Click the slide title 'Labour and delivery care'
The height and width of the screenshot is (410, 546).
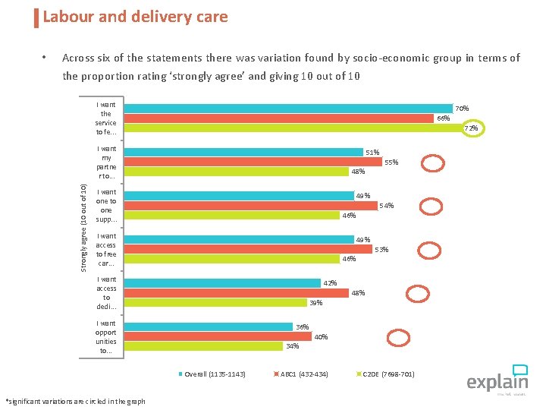pos(135,17)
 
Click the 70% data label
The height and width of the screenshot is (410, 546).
pos(461,109)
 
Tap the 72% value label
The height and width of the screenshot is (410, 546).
pos(471,128)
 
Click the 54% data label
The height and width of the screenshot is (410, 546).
pos(386,206)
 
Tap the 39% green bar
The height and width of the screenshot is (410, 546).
pos(215,302)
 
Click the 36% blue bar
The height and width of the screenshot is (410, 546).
pos(208,327)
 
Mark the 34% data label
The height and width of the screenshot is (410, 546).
pos(292,346)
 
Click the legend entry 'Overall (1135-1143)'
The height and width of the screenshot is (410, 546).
pos(215,374)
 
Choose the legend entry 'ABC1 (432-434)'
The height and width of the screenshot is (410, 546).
pos(304,374)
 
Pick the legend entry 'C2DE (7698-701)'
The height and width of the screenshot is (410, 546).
pos(389,374)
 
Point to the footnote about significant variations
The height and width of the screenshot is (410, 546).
pos(75,401)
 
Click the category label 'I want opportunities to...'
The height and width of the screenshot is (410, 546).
pos(106,337)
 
